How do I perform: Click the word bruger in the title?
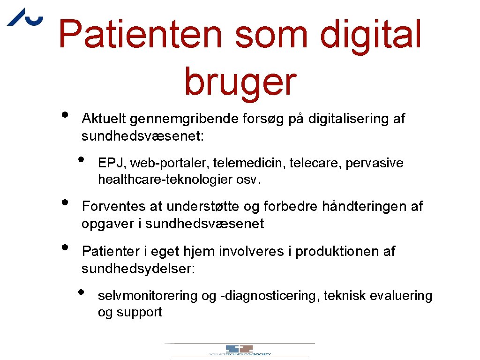(240, 81)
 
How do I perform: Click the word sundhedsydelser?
(138, 269)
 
